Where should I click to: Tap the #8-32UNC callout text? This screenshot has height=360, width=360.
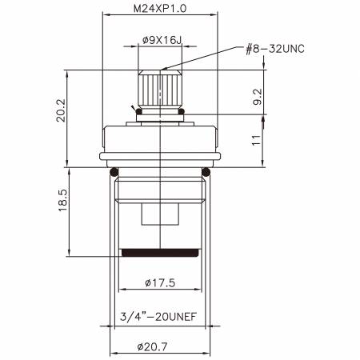(274, 48)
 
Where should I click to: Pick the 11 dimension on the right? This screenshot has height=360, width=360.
(257, 141)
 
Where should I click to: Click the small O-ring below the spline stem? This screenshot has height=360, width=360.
(161, 114)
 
